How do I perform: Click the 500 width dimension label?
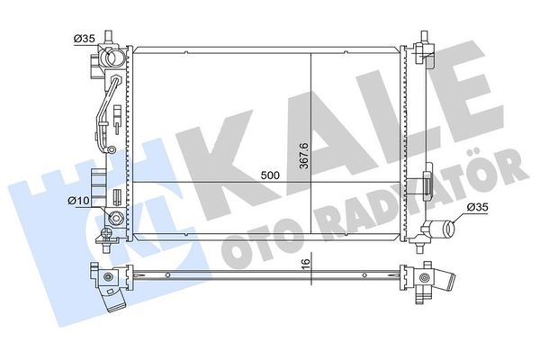pyautogui.click(x=270, y=175)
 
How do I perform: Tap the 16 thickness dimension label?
pyautogui.click(x=305, y=263)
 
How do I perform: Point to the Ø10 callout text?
pyautogui.click(x=79, y=201)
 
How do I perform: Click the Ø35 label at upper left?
pyautogui.click(x=84, y=39)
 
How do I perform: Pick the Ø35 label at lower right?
pyautogui.click(x=477, y=207)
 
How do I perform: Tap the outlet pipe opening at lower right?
pyautogui.click(x=450, y=229)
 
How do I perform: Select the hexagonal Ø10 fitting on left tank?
pyautogui.click(x=114, y=219)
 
